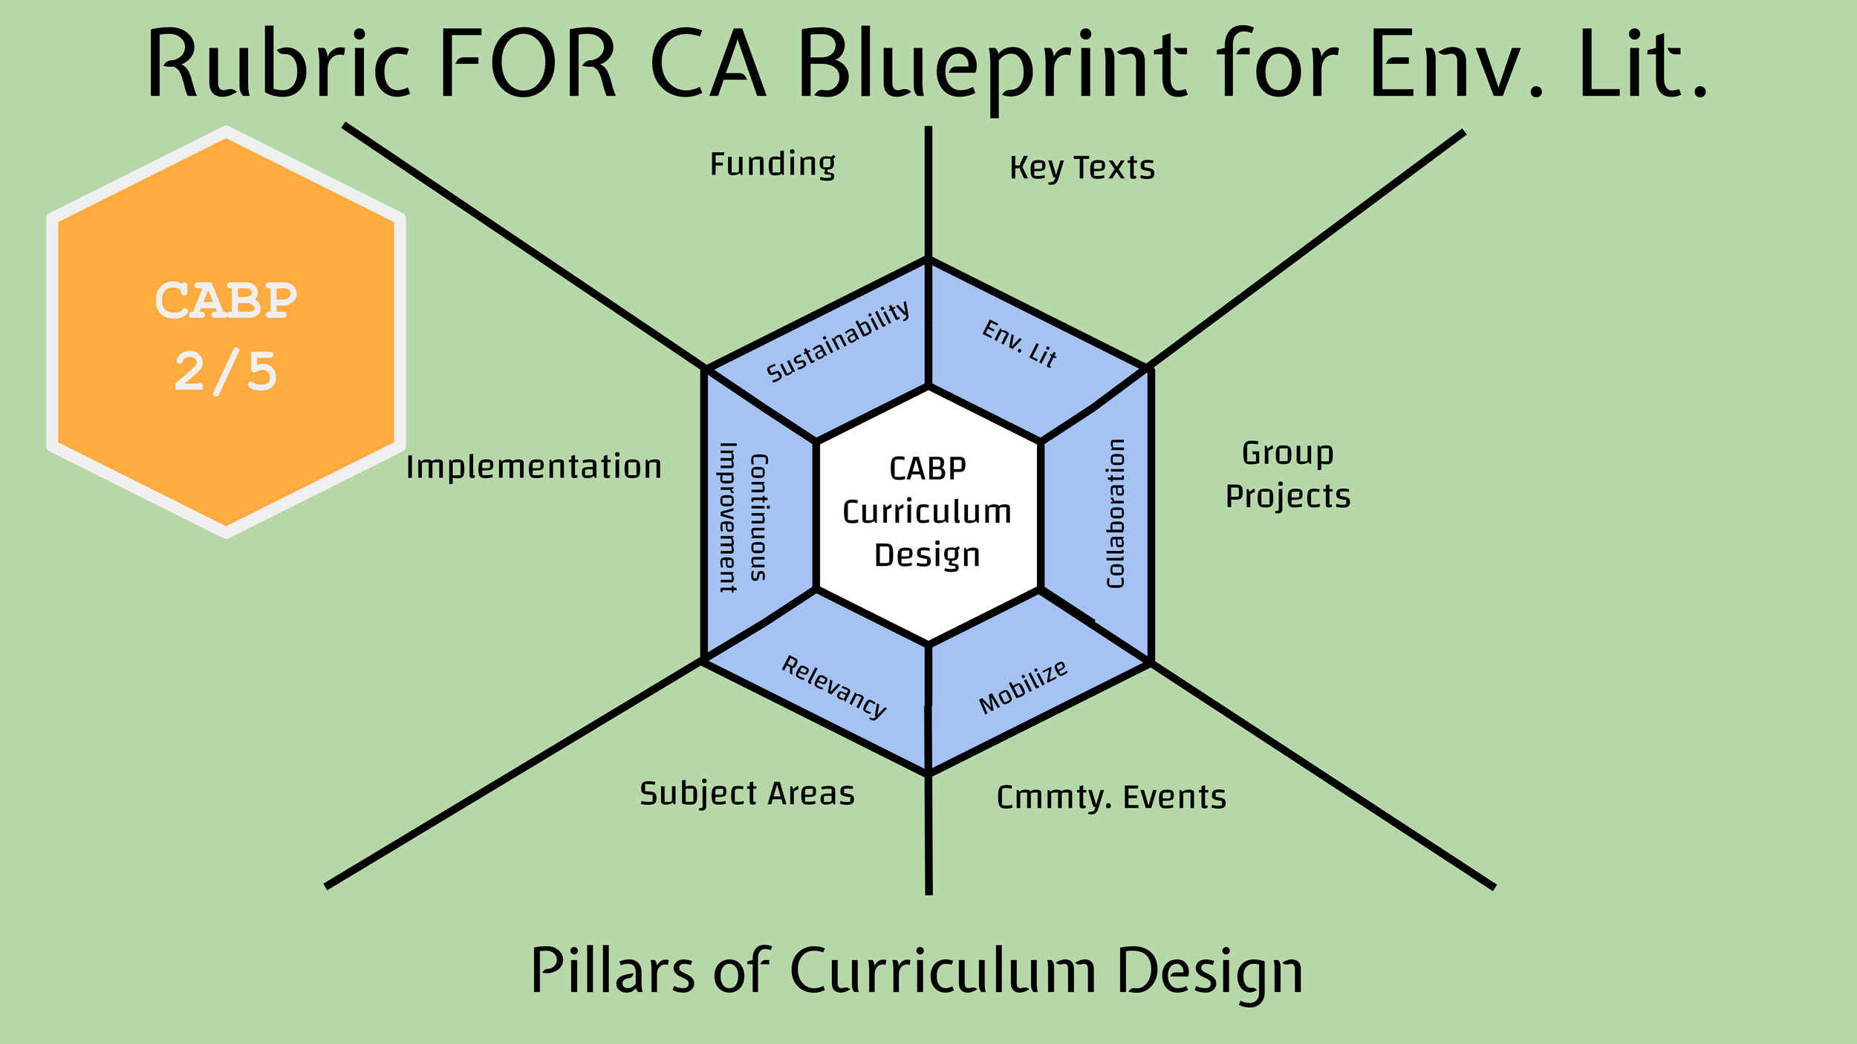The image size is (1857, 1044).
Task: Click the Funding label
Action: click(x=773, y=164)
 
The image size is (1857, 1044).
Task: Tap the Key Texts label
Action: click(x=1082, y=168)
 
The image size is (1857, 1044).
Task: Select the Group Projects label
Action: click(x=1287, y=474)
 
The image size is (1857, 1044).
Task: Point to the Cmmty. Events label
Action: click(x=1111, y=797)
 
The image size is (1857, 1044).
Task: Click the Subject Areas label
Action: click(x=747, y=794)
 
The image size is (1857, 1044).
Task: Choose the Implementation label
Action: click(x=533, y=467)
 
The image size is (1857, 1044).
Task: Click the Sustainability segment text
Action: click(x=838, y=342)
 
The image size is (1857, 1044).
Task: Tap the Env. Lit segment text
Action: click(x=1019, y=344)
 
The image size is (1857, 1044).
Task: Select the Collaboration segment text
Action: click(x=1116, y=514)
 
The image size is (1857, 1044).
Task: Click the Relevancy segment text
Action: click(x=833, y=688)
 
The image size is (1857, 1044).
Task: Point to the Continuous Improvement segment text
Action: click(x=743, y=518)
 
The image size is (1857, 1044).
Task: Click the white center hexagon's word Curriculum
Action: click(x=927, y=512)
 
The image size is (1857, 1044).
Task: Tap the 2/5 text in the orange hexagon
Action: click(x=226, y=371)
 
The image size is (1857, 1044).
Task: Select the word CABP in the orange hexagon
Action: click(x=226, y=301)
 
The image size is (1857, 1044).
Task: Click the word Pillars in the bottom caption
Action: click(x=613, y=970)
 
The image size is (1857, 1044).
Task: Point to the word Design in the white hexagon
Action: click(x=927, y=556)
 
